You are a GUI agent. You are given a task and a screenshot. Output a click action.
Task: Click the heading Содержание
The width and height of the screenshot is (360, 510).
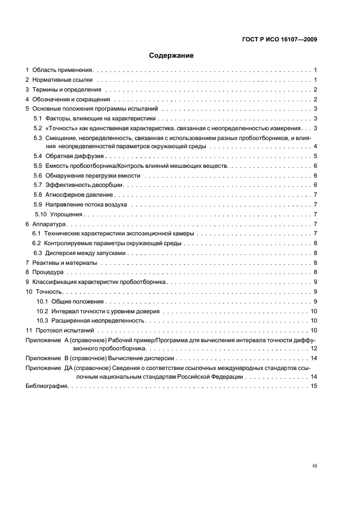[172, 55]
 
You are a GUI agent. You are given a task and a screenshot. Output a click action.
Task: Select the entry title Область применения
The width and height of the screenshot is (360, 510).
[64, 70]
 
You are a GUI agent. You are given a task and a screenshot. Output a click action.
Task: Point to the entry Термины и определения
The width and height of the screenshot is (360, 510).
[67, 89]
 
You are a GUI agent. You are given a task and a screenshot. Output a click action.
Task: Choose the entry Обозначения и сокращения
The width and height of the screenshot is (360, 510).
[71, 99]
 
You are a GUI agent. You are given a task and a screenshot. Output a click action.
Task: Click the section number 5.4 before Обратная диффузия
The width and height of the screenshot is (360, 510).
[38, 156]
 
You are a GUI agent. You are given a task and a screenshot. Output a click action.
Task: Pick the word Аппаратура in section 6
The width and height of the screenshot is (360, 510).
[49, 224]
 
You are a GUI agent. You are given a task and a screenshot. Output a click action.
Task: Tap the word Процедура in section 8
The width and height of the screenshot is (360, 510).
[48, 272]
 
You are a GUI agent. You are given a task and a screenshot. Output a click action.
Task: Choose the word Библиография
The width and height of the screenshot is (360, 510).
[46, 386]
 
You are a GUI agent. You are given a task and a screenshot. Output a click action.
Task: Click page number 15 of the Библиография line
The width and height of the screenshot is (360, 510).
[314, 386]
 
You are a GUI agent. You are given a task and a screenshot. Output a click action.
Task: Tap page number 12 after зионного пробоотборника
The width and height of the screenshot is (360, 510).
[314, 348]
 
